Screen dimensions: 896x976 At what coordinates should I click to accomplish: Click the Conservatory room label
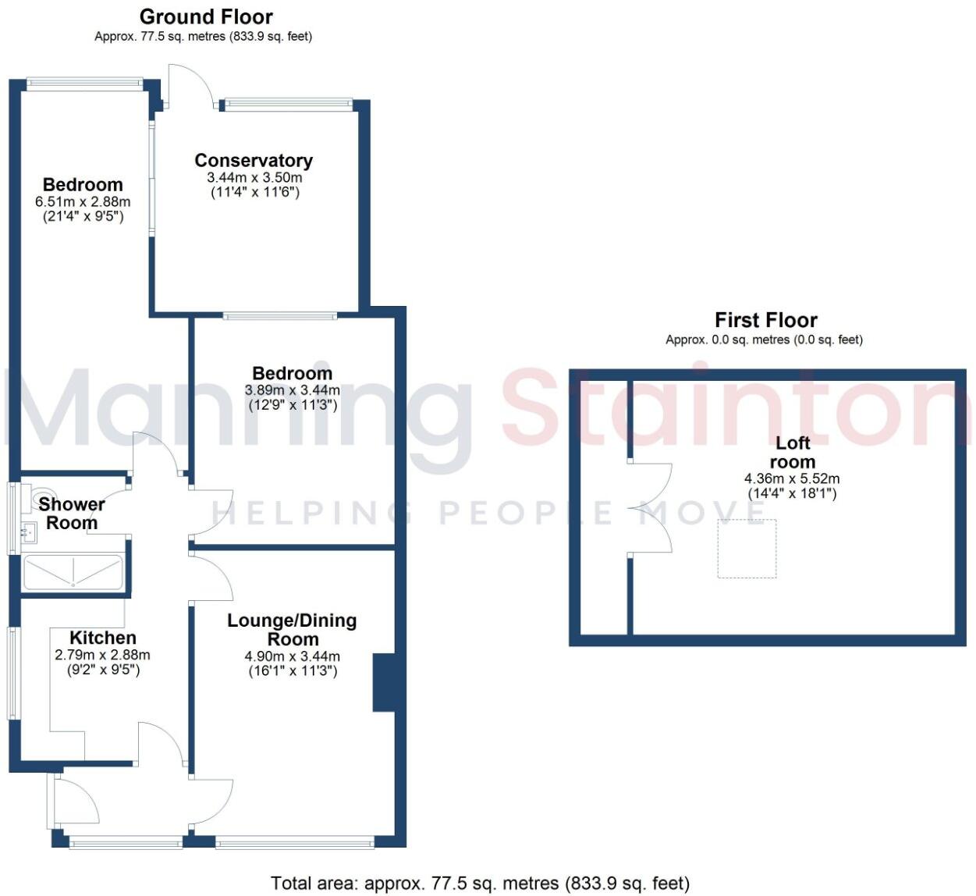(254, 161)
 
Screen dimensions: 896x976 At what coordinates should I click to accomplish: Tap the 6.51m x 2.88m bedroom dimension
(83, 201)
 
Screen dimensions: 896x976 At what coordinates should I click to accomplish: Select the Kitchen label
(103, 638)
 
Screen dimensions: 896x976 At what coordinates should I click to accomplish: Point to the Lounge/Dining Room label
(292, 629)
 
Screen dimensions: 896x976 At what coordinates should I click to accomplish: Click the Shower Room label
(71, 514)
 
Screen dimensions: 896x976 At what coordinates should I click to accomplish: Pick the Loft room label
(792, 452)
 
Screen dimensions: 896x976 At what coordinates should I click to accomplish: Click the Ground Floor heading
(206, 16)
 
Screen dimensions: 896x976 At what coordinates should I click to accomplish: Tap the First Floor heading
(765, 320)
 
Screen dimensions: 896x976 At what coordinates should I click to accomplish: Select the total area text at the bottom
(480, 883)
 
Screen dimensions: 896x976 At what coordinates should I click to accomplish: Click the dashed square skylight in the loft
(747, 549)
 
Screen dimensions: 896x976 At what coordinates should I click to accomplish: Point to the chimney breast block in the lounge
(383, 683)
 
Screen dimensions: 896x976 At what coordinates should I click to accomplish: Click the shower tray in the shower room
(73, 572)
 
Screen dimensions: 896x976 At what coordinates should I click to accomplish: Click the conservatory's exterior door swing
(190, 84)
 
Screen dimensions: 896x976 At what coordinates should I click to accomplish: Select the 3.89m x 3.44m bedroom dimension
(293, 390)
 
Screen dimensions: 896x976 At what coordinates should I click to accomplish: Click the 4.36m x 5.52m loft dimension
(792, 478)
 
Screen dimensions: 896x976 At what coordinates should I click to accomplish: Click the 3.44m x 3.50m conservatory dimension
(254, 177)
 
